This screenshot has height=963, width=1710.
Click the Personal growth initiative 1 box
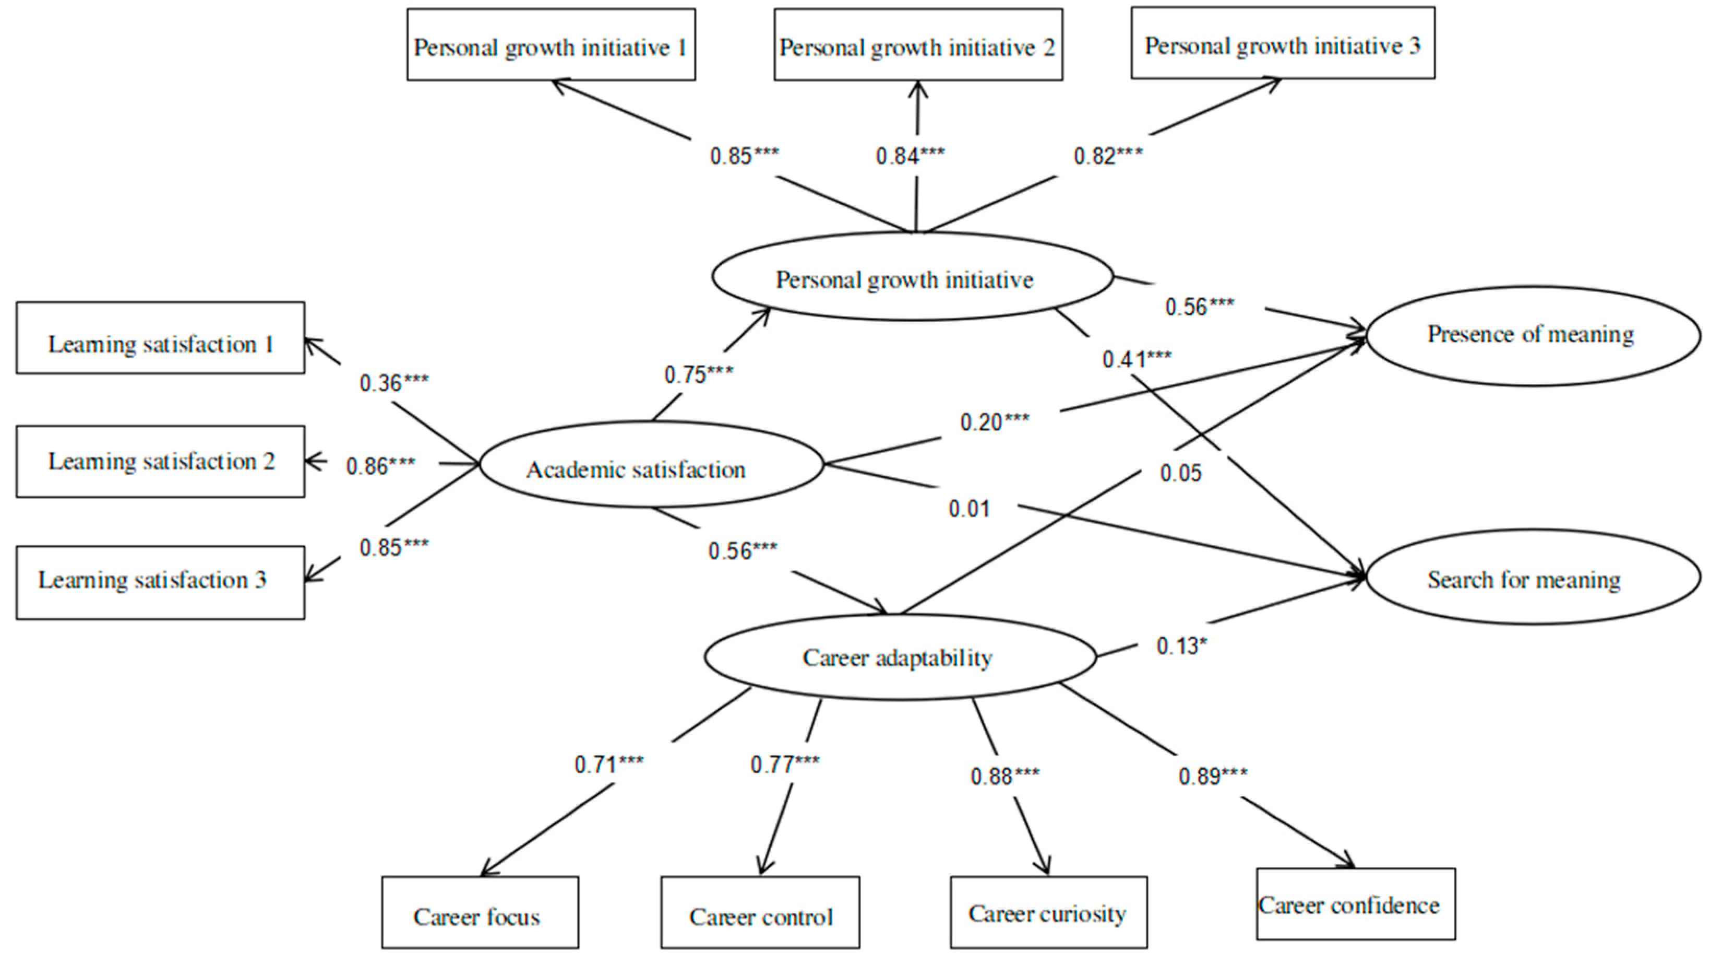(551, 45)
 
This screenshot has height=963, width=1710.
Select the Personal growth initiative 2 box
(918, 45)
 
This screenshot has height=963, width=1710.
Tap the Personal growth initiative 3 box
(1283, 44)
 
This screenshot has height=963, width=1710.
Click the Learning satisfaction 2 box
(161, 462)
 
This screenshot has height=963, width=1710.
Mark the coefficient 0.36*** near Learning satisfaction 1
(393, 383)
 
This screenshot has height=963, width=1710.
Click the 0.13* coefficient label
(1180, 645)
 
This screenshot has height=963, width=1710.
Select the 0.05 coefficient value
(1180, 474)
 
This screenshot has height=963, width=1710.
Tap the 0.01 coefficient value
(969, 509)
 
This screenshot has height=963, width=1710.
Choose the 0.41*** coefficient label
(1137, 359)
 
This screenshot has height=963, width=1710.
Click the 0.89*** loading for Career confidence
(1212, 776)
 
